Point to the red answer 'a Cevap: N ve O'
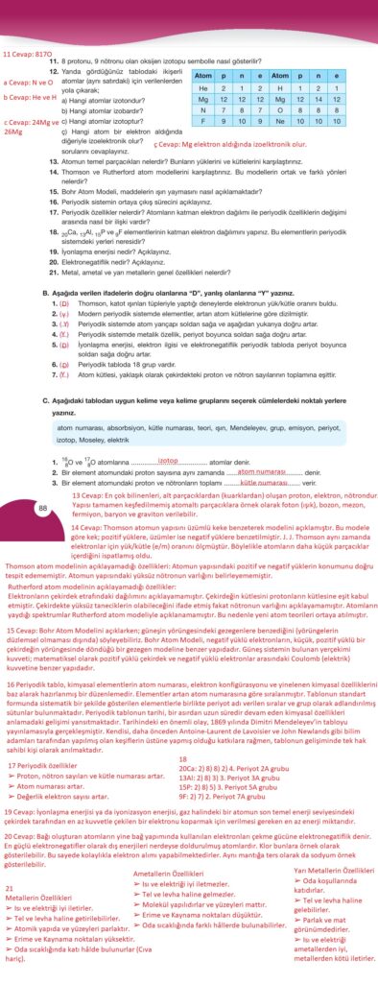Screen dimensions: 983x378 (29, 83)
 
